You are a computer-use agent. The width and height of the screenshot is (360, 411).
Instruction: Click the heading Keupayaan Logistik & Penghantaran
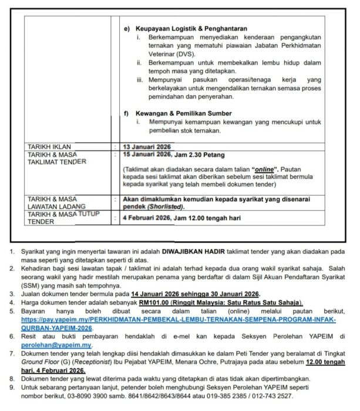coord(191,29)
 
